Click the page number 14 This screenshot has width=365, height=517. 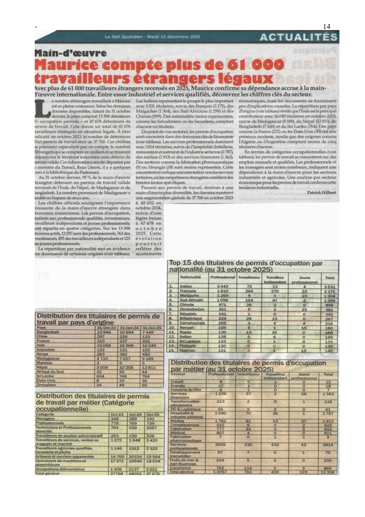[x=326, y=27]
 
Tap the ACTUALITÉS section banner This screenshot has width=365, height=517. [x=298, y=37]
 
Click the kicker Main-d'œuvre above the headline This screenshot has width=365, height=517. [x=70, y=53]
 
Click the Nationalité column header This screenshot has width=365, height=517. [x=190, y=277]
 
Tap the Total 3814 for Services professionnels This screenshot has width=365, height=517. [x=328, y=445]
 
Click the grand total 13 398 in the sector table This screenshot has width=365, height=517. [x=328, y=472]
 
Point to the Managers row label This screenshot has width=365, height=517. [x=45, y=418]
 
